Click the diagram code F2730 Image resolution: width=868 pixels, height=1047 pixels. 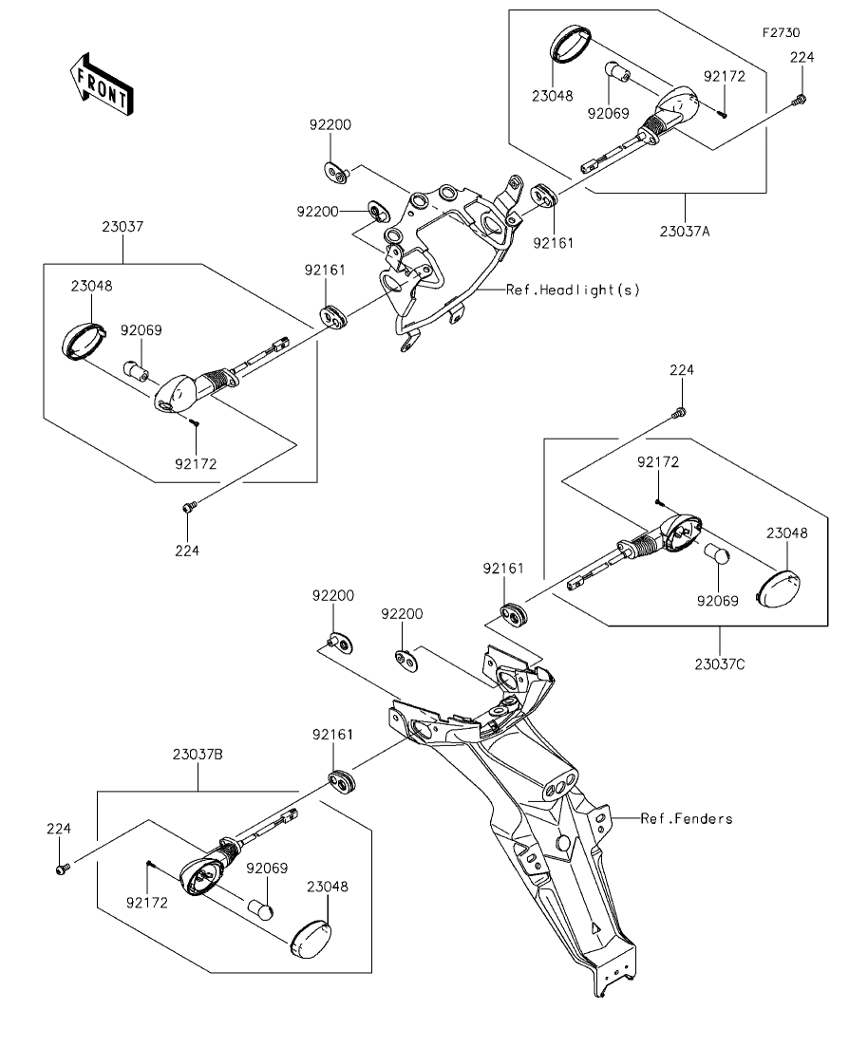click(781, 32)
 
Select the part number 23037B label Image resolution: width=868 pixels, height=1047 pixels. click(198, 756)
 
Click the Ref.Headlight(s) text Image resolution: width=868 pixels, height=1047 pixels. click(573, 290)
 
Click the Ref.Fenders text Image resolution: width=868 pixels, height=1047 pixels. click(686, 818)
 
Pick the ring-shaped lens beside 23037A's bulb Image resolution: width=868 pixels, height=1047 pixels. click(572, 46)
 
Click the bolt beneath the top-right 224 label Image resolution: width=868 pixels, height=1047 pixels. click(802, 99)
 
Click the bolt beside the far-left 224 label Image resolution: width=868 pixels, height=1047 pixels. click(63, 868)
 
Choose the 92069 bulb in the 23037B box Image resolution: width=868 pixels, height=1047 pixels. click(263, 908)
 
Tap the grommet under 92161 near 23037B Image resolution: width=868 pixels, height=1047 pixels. click(341, 780)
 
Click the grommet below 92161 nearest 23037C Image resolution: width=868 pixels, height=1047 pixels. click(515, 614)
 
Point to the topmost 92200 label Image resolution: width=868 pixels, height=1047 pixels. click(330, 125)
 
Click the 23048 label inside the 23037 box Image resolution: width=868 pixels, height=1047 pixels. click(89, 285)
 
